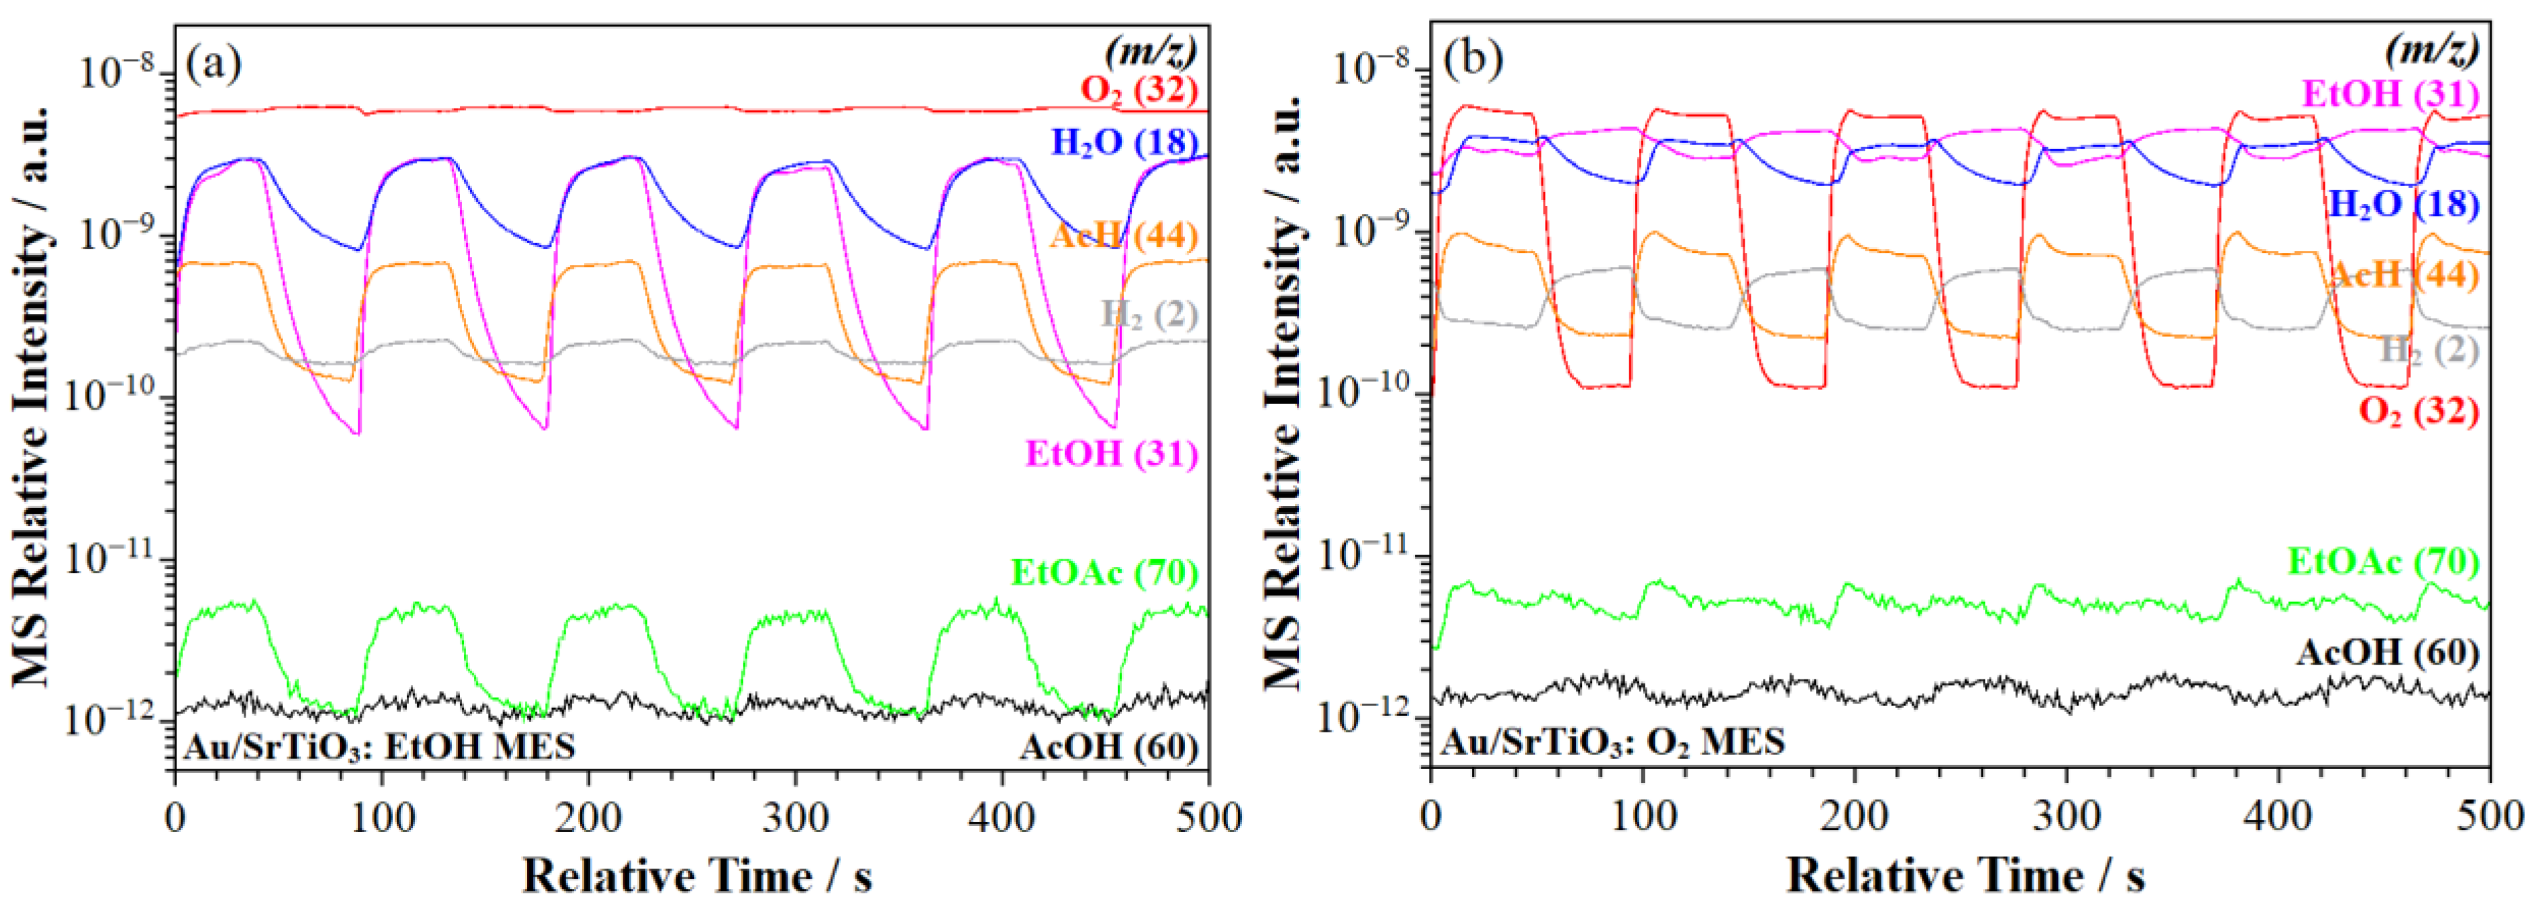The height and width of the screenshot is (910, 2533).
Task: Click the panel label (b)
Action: tap(1472, 61)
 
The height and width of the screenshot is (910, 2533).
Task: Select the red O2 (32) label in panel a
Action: tap(1139, 90)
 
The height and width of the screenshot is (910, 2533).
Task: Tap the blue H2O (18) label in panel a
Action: tap(1124, 142)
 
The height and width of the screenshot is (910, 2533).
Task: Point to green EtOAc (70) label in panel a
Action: tap(1104, 573)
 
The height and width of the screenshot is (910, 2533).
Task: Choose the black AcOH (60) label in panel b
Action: tap(2386, 652)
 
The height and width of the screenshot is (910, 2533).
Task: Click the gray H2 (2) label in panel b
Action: tap(2429, 351)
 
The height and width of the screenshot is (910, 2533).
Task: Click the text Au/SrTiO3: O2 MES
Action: tap(1612, 741)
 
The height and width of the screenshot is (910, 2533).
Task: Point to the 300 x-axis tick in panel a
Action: tap(794, 818)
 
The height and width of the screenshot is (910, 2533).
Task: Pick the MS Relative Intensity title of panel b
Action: tap(1283, 393)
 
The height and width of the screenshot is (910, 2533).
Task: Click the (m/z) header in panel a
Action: tap(1151, 49)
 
